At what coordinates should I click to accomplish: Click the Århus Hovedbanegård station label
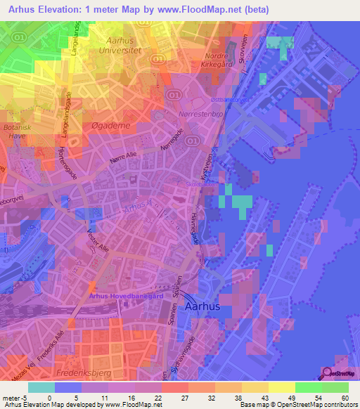tap(127, 297)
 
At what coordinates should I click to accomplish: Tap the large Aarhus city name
tap(206, 308)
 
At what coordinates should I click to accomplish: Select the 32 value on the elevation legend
tap(212, 398)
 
